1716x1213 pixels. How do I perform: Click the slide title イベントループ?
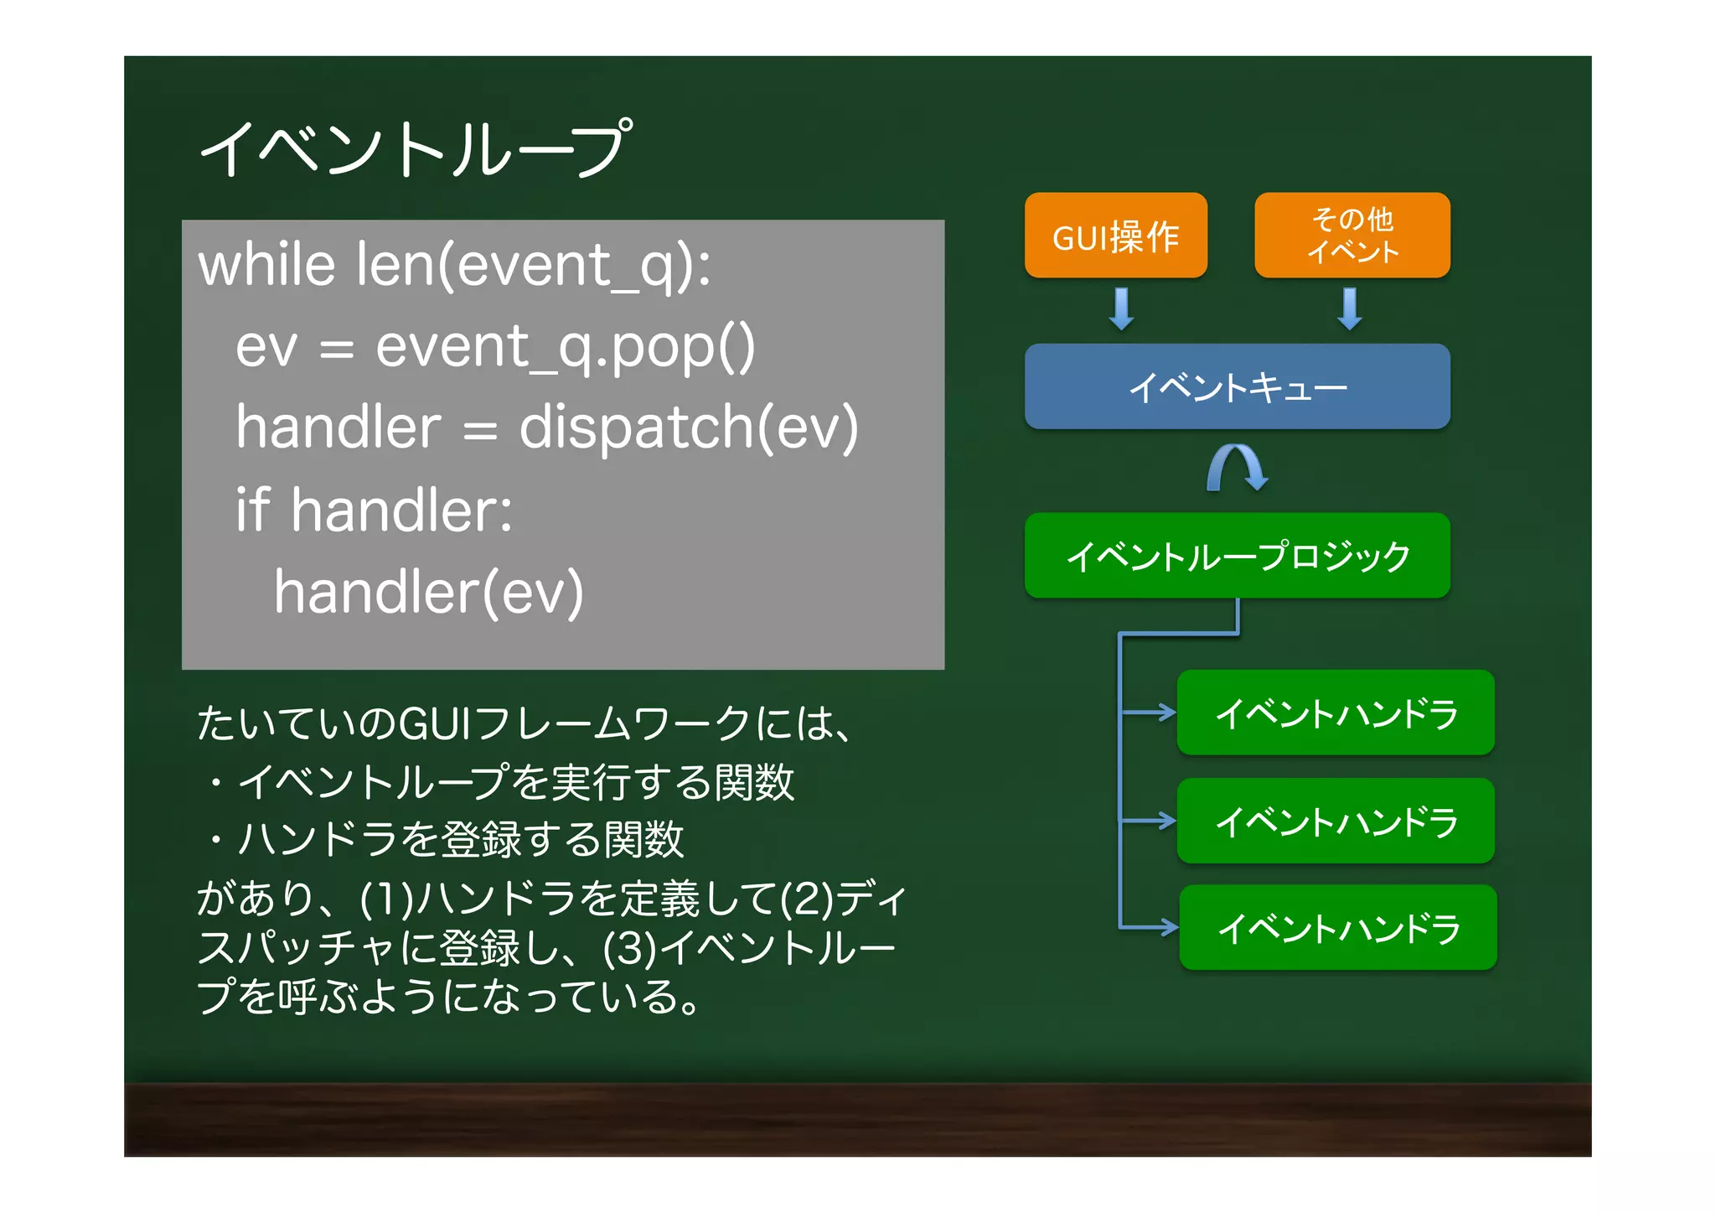pos(415,149)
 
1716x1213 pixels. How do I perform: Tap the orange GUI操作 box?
pos(1115,236)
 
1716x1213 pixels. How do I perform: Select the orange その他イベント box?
pos(1352,236)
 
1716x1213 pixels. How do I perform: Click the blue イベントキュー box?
pos(1237,387)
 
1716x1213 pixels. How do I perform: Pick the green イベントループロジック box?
pos(1237,556)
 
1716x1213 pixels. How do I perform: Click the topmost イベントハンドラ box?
pos(1336,713)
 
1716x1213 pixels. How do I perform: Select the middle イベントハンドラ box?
pos(1336,821)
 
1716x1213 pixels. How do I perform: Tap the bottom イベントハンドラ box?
pos(1338,927)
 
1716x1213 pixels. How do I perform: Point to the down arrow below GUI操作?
pos(1121,308)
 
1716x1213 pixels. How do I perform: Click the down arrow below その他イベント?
pos(1349,308)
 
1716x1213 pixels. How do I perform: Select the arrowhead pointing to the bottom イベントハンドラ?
pos(1168,927)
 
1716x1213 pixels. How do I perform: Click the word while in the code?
pos(266,265)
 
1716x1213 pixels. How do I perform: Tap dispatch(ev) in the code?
pos(689,428)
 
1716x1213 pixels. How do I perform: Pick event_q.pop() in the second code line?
pos(565,347)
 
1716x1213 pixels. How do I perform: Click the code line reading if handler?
pos(374,510)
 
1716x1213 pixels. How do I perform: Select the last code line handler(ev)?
pos(428,592)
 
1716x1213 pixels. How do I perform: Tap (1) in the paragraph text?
pos(386,899)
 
